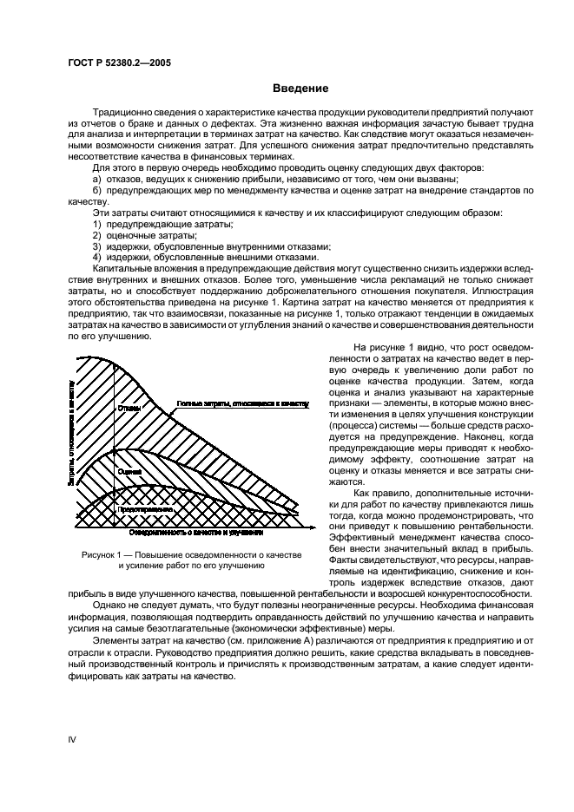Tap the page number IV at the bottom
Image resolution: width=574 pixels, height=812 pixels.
(x=72, y=737)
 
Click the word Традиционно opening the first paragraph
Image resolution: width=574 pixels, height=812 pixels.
(x=124, y=113)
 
